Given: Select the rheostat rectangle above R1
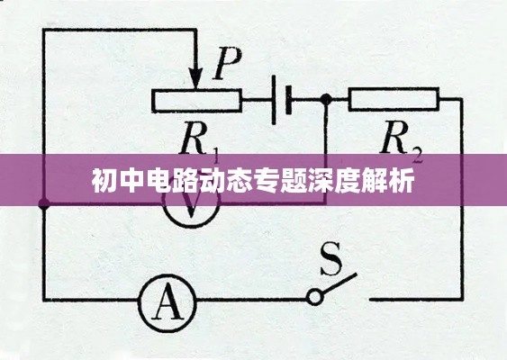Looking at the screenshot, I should [x=197, y=100].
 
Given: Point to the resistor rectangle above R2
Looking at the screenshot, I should [x=393, y=100].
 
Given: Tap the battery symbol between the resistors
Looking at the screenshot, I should [x=282, y=100].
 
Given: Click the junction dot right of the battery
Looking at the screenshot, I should [x=325, y=100].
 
